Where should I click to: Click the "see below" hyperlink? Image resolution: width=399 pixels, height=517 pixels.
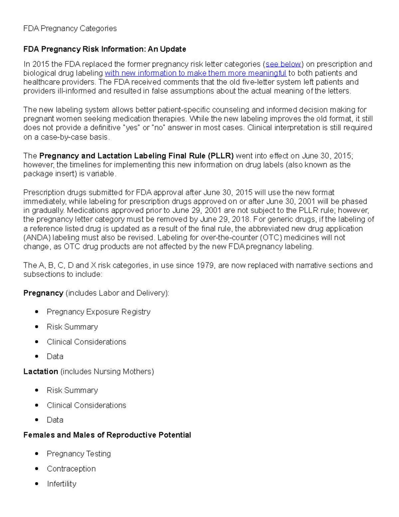pos(283,64)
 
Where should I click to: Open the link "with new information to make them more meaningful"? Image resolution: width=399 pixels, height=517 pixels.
pos(196,73)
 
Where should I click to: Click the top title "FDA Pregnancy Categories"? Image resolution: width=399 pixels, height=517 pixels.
pos(70,29)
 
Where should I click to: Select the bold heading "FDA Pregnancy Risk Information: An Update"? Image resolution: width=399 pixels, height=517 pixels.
pos(104,49)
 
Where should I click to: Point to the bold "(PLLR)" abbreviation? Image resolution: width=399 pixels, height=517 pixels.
pos(221,156)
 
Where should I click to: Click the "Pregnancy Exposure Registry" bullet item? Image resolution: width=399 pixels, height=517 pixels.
pos(98,312)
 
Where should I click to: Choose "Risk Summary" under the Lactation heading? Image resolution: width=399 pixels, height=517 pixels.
pos(72,390)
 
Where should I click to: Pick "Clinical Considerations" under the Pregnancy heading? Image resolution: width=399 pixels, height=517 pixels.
pos(86,342)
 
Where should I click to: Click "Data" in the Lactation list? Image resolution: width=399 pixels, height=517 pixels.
pos(55,420)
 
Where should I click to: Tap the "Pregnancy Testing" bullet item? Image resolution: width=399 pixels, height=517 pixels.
pos(79,454)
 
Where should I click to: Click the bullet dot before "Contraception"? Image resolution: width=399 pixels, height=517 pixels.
pos(37,469)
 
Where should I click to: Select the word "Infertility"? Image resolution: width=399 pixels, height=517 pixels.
pos(62,484)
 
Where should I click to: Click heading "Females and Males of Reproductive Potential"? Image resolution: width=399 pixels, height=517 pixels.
pos(107,435)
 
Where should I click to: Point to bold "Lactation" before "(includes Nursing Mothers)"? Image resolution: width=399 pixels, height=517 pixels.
pos(41,372)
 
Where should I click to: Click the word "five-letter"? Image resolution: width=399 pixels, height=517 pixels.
pos(258,82)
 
